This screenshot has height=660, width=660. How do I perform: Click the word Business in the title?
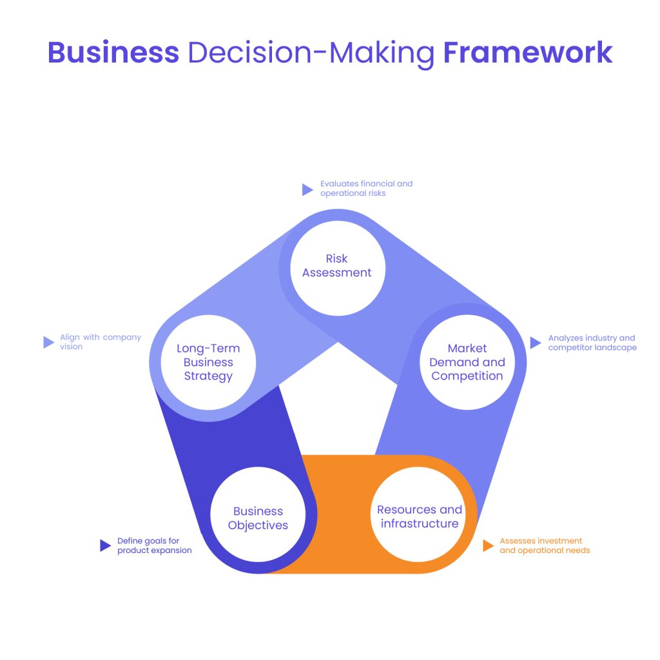pyautogui.click(x=113, y=52)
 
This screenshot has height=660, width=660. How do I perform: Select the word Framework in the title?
pyautogui.click(x=528, y=52)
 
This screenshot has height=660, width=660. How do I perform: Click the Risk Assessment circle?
pyautogui.click(x=337, y=267)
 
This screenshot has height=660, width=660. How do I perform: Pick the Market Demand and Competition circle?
pyautogui.click(x=467, y=362)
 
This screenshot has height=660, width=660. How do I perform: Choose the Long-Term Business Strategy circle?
pyautogui.click(x=208, y=362)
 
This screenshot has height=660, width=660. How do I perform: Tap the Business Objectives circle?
pyautogui.click(x=258, y=518)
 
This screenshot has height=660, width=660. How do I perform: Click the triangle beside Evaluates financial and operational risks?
pyautogui.click(x=307, y=189)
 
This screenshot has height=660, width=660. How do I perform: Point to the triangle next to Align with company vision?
pyautogui.click(x=48, y=342)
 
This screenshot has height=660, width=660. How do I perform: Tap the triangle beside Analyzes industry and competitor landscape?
pyautogui.click(x=535, y=343)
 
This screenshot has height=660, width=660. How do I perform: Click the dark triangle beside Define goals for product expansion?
pyautogui.click(x=105, y=546)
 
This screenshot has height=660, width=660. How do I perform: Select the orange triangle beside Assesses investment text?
pyautogui.click(x=488, y=546)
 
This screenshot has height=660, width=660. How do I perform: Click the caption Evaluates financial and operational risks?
pyautogui.click(x=366, y=188)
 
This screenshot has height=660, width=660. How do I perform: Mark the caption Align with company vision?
pyautogui.click(x=100, y=342)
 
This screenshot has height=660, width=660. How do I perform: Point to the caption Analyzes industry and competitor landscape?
pyautogui.click(x=592, y=343)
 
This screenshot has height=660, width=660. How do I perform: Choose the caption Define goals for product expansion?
pyautogui.click(x=154, y=546)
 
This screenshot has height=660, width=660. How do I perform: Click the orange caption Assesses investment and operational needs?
pyautogui.click(x=545, y=546)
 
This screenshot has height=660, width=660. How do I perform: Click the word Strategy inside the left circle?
pyautogui.click(x=208, y=376)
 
